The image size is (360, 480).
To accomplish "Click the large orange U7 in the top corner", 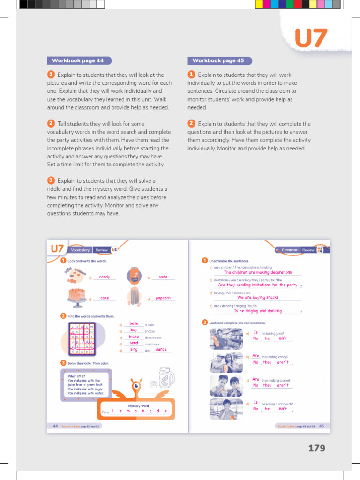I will (x=310, y=38).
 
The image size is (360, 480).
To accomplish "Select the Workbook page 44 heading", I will (x=78, y=60).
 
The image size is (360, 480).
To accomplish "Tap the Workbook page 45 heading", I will (x=218, y=60).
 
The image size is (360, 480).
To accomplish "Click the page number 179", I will (x=316, y=448).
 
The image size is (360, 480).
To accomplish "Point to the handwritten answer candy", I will (x=105, y=277).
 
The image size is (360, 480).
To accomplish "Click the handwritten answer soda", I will (x=163, y=277).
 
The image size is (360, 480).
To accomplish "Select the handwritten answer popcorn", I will (x=163, y=298).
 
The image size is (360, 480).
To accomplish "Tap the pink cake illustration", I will (x=76, y=295).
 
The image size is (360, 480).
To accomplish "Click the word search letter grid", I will (x=82, y=338).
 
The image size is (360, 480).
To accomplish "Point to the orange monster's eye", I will (x=137, y=386).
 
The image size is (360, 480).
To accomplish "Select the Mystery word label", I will (x=138, y=406).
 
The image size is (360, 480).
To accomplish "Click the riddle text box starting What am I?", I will (x=86, y=385).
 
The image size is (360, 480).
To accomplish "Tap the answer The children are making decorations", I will (x=257, y=272).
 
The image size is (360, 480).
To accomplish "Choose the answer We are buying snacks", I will (x=257, y=297).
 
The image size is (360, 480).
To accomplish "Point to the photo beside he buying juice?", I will (x=226, y=338).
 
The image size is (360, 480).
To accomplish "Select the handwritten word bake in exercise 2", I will (x=134, y=323).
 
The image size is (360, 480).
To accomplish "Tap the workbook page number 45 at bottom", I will (x=322, y=426).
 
